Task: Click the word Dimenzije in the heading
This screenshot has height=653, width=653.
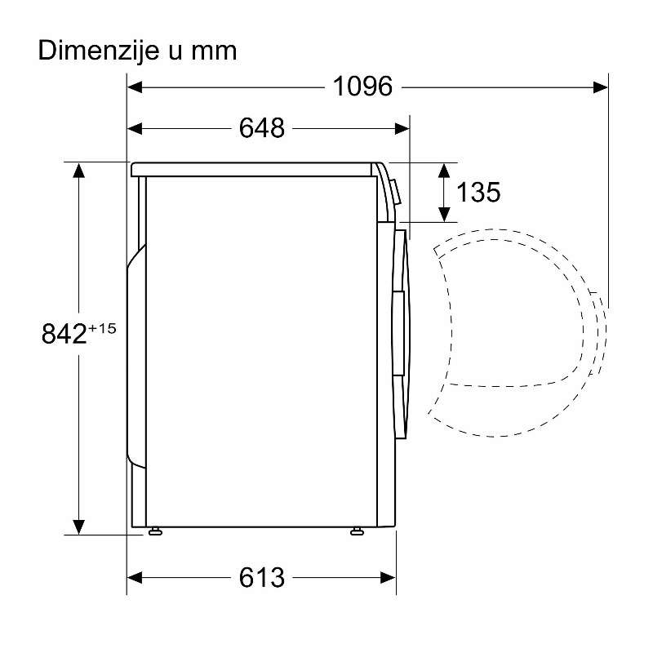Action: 99,51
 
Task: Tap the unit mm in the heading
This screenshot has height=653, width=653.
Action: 214,51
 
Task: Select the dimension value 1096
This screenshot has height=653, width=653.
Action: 362,87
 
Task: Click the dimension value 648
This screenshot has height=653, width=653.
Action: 262,128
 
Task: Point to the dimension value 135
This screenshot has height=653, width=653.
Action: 478,193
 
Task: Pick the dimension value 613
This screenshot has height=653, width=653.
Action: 262,578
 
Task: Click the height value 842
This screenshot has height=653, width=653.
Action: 64,334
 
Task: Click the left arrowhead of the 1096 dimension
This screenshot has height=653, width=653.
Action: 135,87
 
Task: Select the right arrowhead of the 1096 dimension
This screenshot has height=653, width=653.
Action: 600,87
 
